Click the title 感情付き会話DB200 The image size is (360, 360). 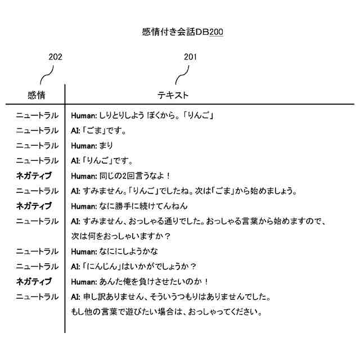183,32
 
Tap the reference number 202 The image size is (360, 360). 55,57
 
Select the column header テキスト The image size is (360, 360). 173,95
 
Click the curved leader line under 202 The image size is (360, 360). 46,75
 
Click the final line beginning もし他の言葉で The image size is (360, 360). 167,311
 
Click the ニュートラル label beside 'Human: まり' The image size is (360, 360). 37,146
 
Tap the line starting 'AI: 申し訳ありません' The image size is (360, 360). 172,296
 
